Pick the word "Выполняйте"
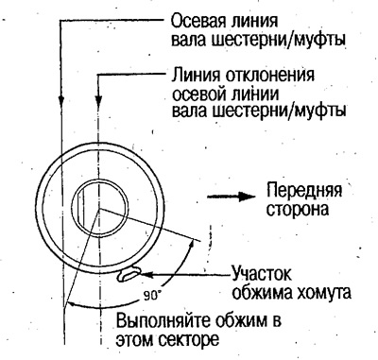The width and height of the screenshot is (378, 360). pyautogui.click(x=160, y=319)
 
